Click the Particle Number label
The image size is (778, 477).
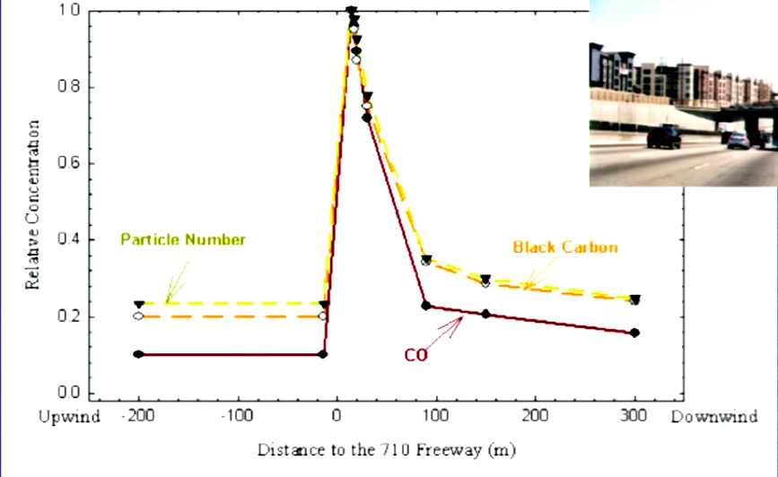[x=183, y=239]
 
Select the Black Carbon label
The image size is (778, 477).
[x=565, y=247]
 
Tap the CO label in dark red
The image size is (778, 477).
[x=415, y=355]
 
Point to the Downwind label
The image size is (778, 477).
[x=715, y=418]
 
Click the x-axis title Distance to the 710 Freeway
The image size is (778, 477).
[x=387, y=447]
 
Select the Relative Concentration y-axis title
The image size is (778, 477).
[x=32, y=202]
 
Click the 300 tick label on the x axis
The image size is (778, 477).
[x=634, y=418]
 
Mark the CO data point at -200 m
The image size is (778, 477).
[x=138, y=354]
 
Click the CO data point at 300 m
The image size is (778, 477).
[x=634, y=333]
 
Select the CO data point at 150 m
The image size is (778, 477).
[x=485, y=314]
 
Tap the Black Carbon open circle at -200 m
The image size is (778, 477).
[x=138, y=316]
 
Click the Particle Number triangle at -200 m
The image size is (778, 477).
[x=138, y=305]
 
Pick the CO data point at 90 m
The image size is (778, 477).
[x=426, y=306]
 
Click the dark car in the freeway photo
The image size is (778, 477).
[x=663, y=136]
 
